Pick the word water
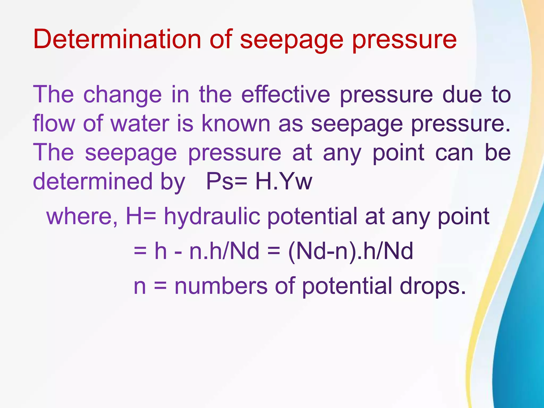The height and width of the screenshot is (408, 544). tap(140, 124)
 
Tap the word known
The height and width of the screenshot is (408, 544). tap(236, 124)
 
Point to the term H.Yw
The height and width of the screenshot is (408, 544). tap(284, 182)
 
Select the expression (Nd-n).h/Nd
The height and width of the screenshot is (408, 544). tap(351, 251)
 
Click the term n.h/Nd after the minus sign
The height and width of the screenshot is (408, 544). tap(224, 251)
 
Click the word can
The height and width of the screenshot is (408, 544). tap(454, 152)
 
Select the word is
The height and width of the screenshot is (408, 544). tap(185, 124)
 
